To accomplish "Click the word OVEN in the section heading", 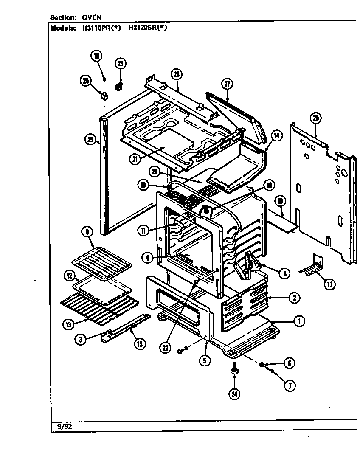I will (92, 17).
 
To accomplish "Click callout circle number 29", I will (121, 64).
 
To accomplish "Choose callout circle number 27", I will (228, 84).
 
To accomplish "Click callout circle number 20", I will (315, 118).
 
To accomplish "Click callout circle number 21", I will (135, 159).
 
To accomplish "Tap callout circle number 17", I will (329, 284).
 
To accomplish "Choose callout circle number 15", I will (139, 343).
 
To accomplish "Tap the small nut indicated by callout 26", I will (103, 94).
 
